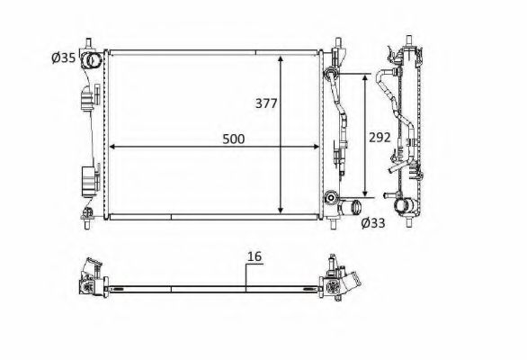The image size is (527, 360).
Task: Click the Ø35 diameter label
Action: [64, 58]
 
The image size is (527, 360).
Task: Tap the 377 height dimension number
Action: [266, 103]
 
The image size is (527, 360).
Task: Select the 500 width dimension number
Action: [234, 139]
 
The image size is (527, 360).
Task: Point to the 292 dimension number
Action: [380, 138]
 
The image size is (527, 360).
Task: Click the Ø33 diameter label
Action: [373, 222]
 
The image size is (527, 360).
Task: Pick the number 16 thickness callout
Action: [255, 256]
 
